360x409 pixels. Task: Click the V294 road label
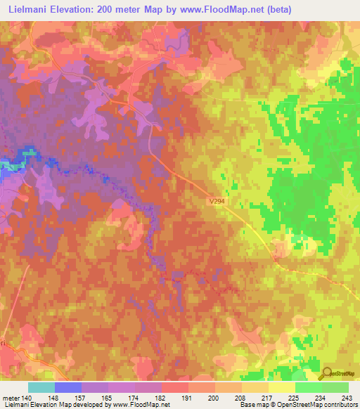[x=217, y=201]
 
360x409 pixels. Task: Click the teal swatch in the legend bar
[x=41, y=387]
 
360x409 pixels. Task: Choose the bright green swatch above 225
[x=308, y=387]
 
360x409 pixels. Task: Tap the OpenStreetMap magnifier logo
[x=327, y=372]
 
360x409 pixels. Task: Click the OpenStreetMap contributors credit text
[x=321, y=405]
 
